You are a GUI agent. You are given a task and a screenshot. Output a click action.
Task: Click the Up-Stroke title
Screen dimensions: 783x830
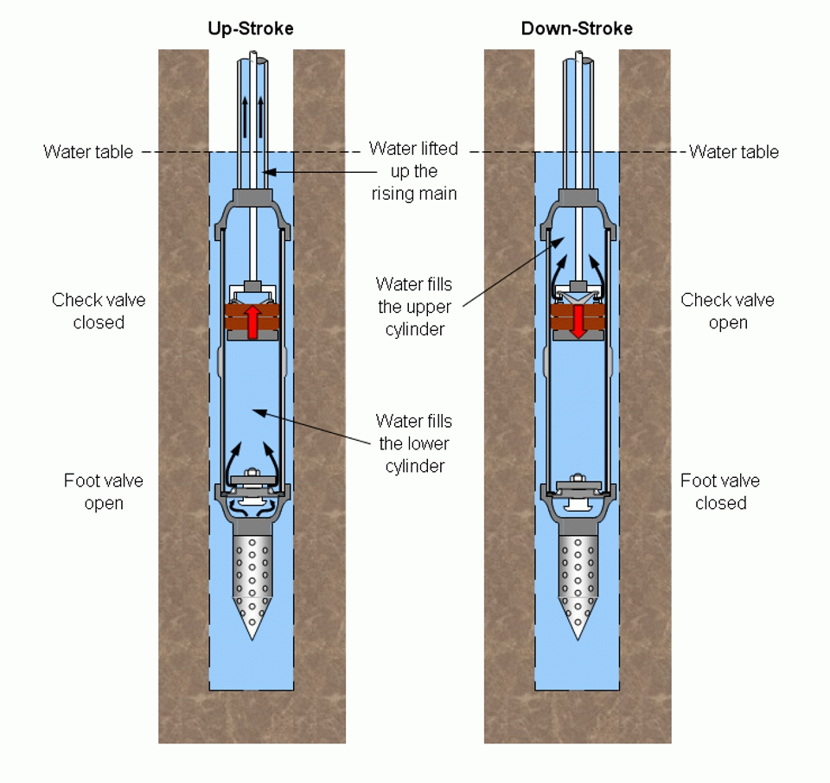point(251,29)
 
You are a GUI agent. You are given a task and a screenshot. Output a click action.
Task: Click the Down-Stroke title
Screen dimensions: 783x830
point(577,29)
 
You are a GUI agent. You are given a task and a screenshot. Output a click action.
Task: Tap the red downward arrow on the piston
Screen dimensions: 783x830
point(578,321)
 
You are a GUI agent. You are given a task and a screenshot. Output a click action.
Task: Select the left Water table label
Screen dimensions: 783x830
point(88,152)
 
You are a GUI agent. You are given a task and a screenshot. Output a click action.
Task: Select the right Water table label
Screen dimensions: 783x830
point(734,152)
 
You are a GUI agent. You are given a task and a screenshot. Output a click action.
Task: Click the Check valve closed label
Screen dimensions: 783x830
point(99,311)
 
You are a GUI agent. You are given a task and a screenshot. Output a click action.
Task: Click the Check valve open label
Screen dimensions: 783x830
point(727,311)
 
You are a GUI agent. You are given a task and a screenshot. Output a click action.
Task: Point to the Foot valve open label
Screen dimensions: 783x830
point(104,492)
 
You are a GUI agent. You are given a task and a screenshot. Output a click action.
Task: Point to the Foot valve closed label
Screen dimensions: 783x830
point(720,492)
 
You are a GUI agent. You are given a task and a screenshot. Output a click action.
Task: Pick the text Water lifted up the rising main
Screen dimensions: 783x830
point(413,171)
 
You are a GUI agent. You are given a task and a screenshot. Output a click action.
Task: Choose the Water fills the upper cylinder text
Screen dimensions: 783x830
point(413,306)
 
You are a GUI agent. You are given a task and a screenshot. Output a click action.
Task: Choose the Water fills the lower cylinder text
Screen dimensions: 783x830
point(413,443)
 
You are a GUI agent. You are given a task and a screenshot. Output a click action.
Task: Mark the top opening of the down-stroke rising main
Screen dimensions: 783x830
point(578,60)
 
